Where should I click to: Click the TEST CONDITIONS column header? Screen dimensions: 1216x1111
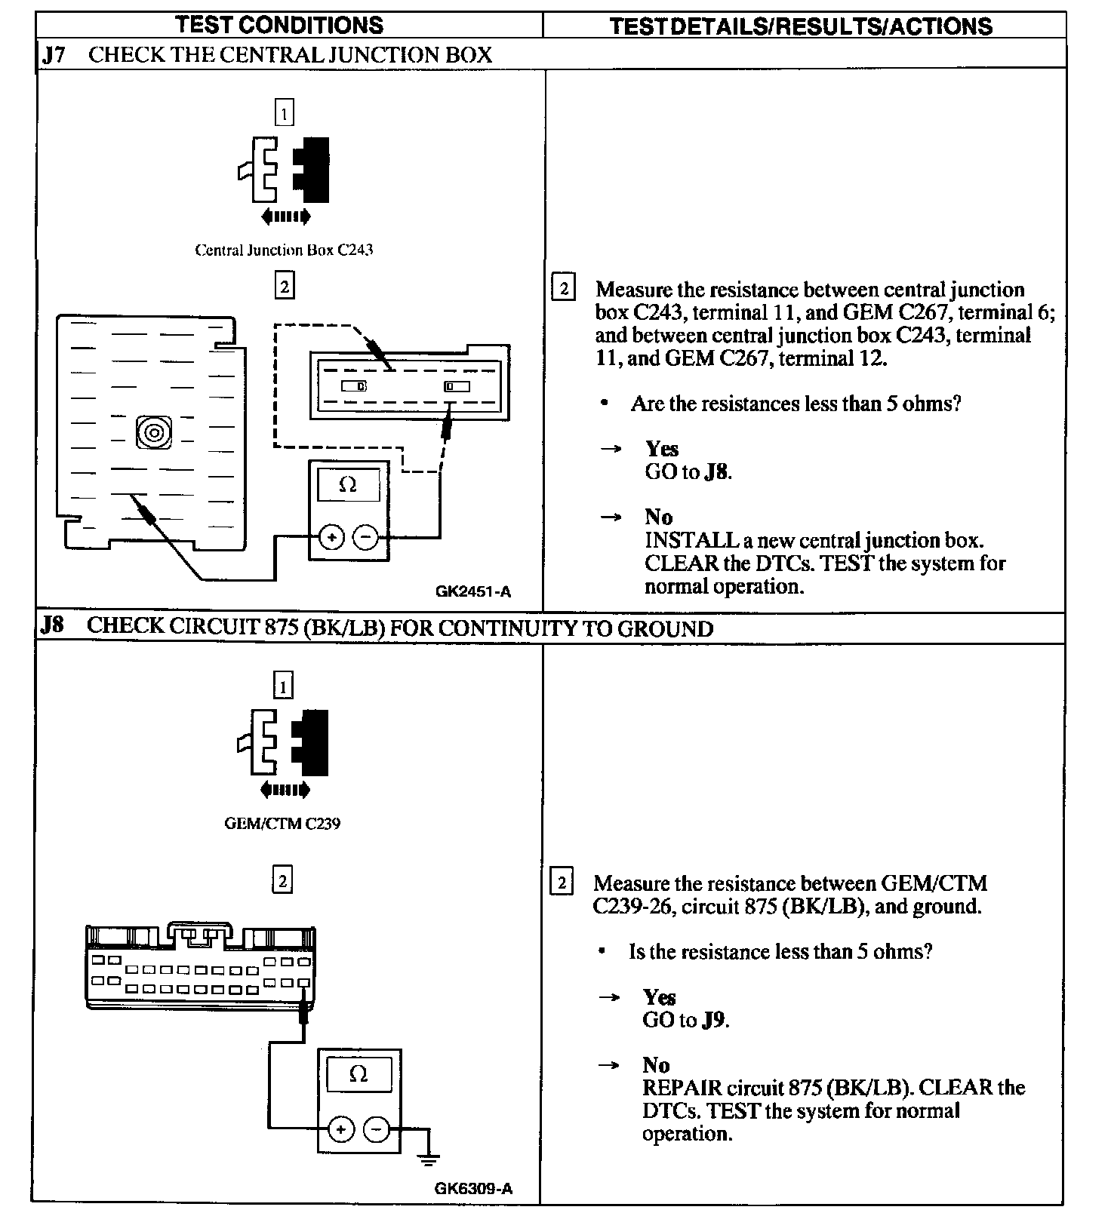point(279,25)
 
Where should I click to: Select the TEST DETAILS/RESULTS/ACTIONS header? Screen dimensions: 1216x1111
point(801,26)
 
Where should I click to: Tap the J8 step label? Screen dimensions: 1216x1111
point(52,626)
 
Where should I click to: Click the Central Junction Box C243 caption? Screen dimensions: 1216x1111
point(284,250)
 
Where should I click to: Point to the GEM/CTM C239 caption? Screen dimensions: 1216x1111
point(282,823)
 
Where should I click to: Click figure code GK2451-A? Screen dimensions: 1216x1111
point(473,591)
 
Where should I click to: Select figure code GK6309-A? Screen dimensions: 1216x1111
point(473,1189)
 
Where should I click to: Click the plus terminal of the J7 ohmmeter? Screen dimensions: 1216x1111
point(332,537)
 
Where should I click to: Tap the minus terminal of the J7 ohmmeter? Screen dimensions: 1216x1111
point(365,537)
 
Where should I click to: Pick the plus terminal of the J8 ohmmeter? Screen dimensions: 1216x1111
point(341,1129)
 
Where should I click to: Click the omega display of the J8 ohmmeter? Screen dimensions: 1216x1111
point(359,1074)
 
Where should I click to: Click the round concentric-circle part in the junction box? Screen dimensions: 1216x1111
point(153,433)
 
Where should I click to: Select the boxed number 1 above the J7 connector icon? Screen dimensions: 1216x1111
point(284,113)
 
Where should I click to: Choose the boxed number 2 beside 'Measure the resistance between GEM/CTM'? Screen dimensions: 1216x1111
point(562,883)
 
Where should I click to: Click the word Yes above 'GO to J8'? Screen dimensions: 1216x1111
point(662,449)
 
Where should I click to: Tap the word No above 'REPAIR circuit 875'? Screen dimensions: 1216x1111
point(656,1065)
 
